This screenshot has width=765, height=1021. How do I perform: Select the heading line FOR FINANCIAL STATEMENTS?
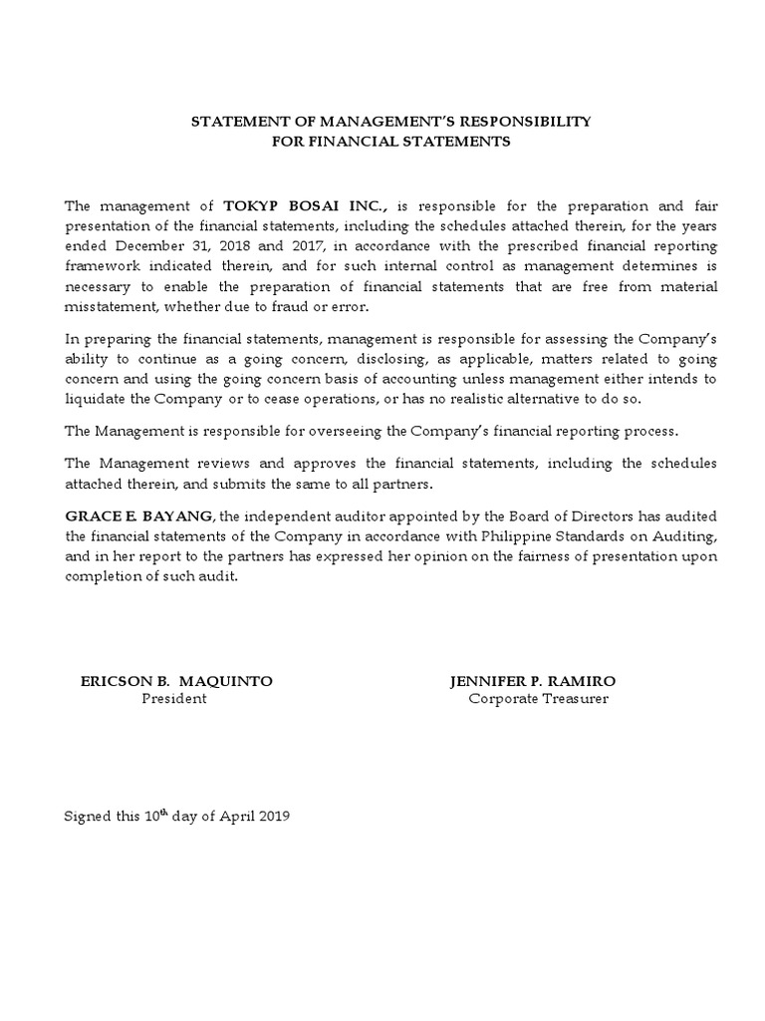[391, 142]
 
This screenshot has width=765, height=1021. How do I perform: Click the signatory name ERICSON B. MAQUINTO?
[176, 681]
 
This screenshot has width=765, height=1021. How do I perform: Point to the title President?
[175, 699]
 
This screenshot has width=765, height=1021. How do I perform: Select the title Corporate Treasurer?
[538, 699]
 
